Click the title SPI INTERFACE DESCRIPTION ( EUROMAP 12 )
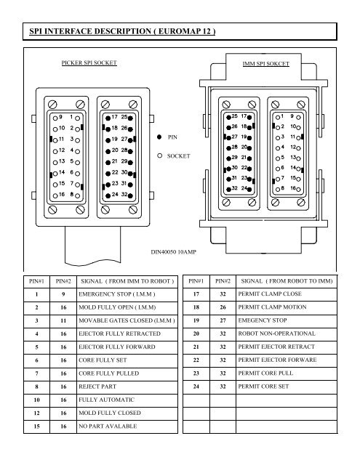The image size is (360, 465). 122,31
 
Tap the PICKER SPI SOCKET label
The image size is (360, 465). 89,63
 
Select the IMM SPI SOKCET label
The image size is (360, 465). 265,64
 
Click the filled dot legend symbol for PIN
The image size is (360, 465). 159,137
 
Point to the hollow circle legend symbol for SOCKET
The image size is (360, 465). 160,155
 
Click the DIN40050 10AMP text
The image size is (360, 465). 174,252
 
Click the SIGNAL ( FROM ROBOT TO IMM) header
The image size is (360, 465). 287,281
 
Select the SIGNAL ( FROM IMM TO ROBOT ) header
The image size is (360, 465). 127,281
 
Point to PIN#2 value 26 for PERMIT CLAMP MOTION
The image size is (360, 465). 223,307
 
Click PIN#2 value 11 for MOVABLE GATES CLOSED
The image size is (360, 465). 63,320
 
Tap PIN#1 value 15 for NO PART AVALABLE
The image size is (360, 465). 36,426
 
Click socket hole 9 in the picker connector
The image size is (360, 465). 55,118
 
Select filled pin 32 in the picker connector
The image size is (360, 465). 130,195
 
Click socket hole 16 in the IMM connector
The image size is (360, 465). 298,189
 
